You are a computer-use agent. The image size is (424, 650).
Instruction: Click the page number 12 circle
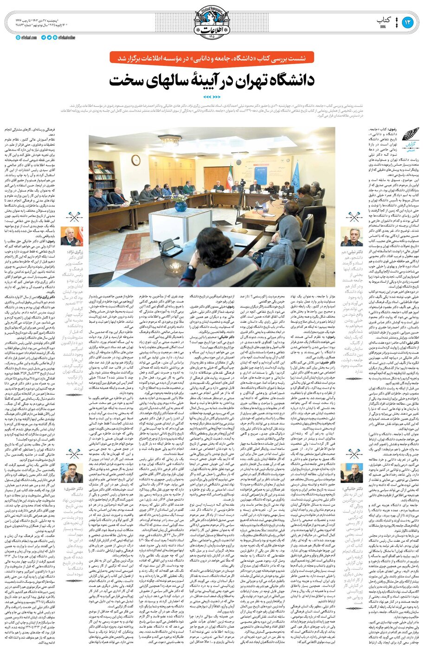click(x=407, y=22)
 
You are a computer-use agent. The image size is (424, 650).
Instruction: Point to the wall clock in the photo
click(x=135, y=160)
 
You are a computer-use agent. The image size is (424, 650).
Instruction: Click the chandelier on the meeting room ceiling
click(x=169, y=140)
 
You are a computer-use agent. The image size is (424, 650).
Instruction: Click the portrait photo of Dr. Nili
click(x=351, y=237)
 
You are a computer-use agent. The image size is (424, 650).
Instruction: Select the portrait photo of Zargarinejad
click(x=72, y=237)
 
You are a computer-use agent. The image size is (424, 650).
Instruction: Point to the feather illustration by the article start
click(x=411, y=135)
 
